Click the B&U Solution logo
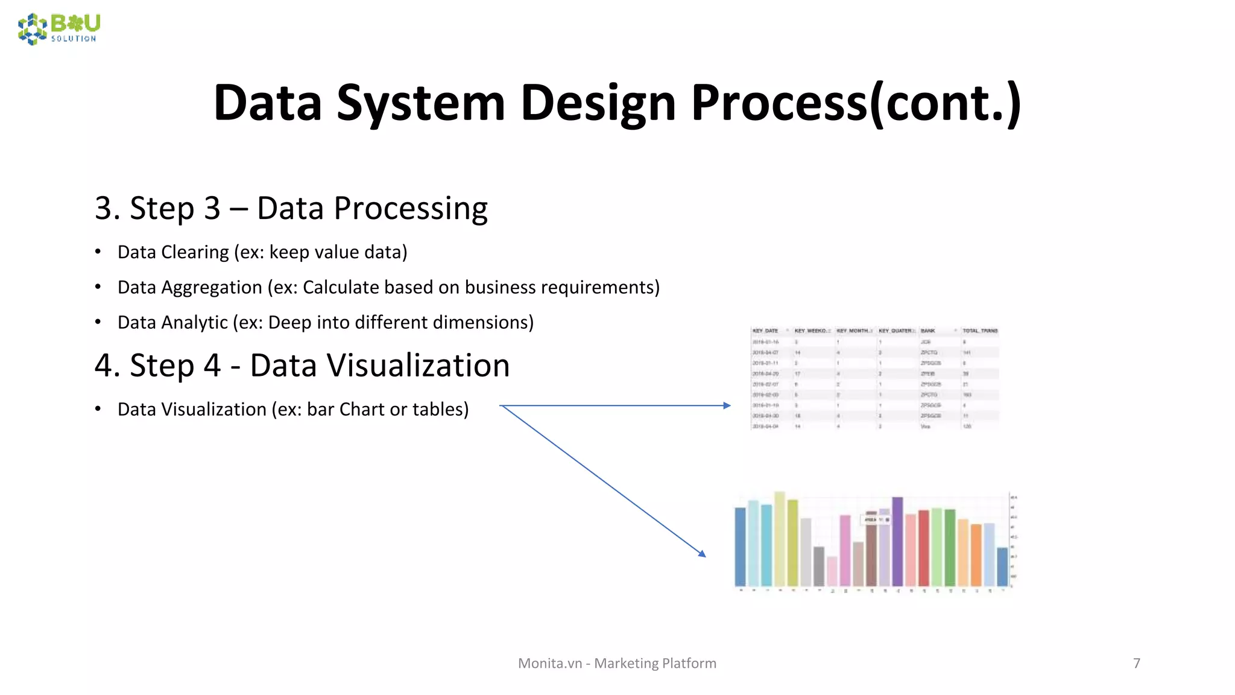59,28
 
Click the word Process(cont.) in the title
856,103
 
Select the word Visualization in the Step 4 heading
379,366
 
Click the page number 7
1137,663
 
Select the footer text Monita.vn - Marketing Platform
617,663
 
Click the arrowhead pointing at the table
727,405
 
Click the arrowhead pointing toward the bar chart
702,553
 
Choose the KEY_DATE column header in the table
765,331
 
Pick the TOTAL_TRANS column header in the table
980,331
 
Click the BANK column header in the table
928,331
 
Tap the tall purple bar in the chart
897,541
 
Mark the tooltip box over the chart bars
877,519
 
